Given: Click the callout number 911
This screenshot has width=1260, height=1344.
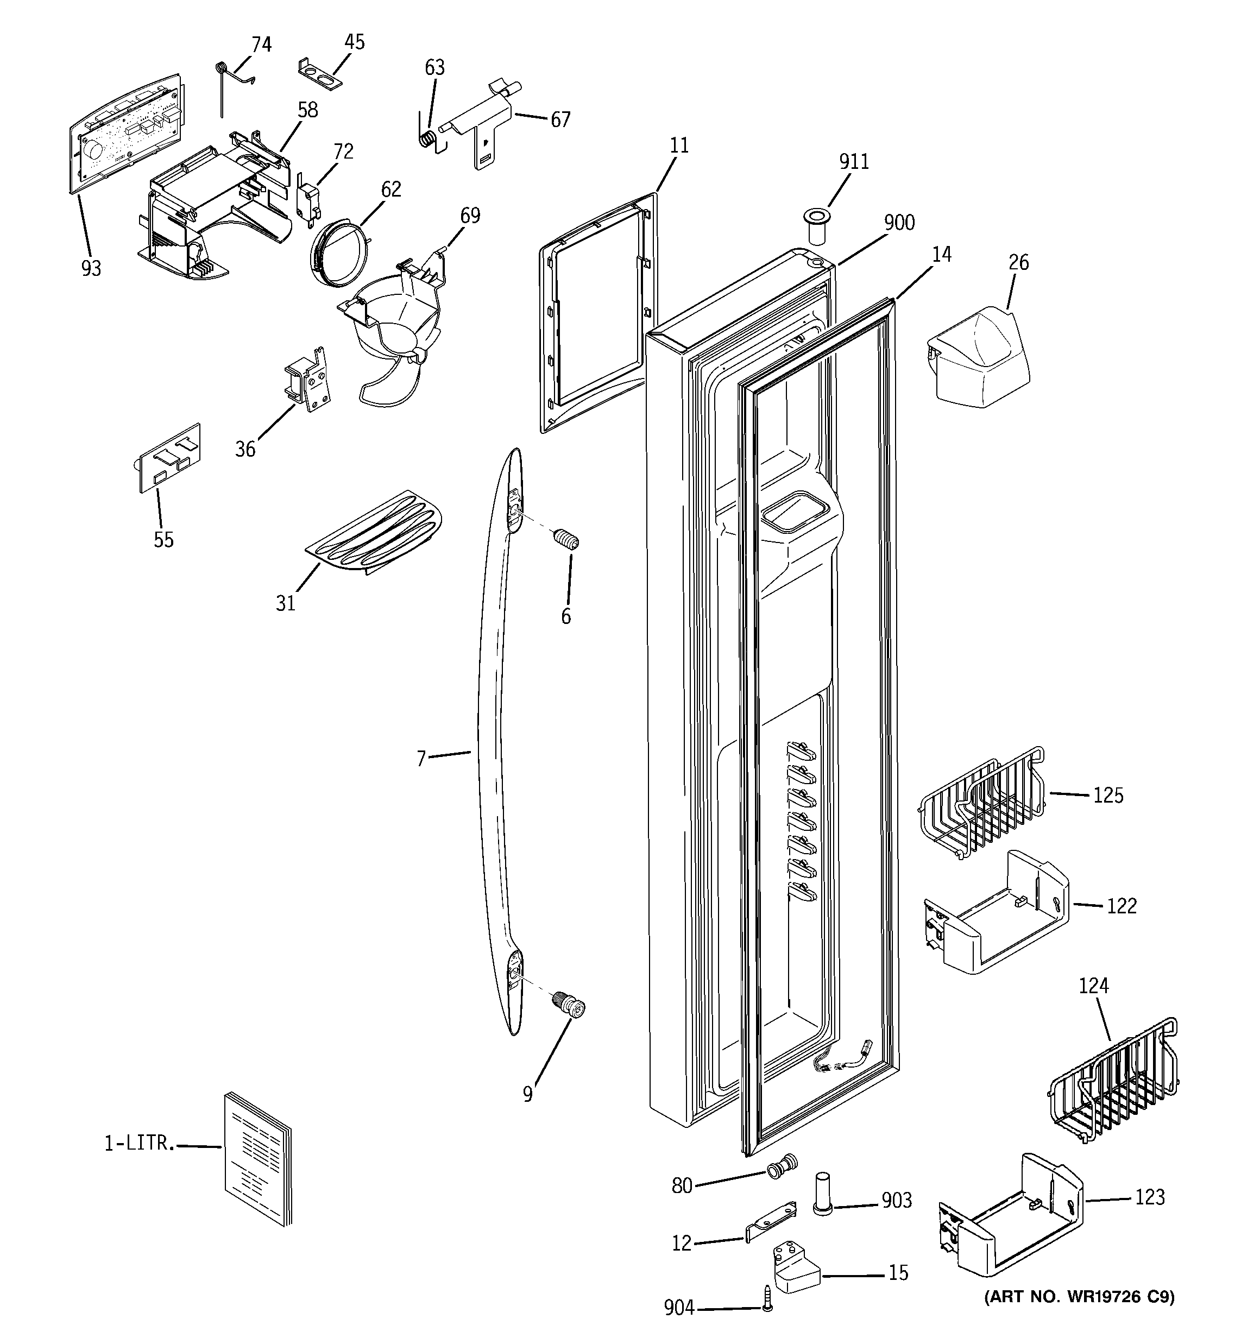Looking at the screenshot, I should coord(854,162).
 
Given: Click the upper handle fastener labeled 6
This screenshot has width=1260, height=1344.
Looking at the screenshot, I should coord(566,540).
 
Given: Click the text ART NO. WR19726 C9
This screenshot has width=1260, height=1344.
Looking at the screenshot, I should coord(1079,1297).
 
